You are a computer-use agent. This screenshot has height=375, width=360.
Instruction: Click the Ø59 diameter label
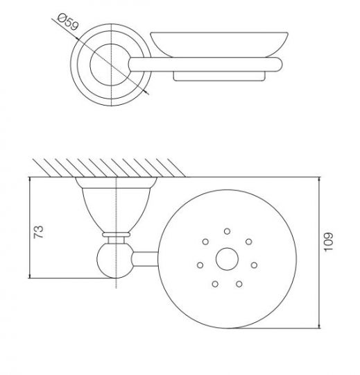point(68,22)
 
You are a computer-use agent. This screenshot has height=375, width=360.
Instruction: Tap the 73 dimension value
point(39,232)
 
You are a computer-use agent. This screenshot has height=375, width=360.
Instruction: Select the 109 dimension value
point(328,242)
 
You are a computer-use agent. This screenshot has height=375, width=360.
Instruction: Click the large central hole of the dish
point(227,259)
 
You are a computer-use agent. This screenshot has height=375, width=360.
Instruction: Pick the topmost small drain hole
point(227,231)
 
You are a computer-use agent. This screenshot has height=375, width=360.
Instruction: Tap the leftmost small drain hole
point(200,265)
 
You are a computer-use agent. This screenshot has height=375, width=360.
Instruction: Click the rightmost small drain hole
point(254,265)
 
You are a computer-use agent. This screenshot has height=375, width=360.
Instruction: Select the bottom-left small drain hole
point(215,284)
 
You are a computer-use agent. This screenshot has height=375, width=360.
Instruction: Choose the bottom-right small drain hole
point(239,284)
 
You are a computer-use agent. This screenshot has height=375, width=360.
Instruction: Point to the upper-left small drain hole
point(205,242)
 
